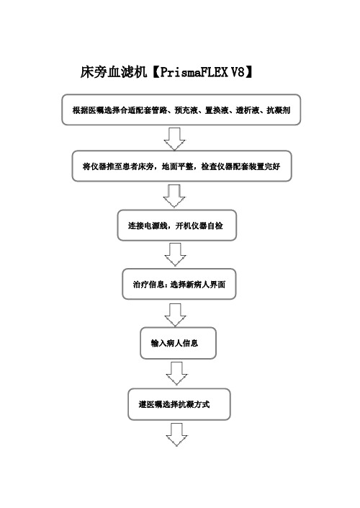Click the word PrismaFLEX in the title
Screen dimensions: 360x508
(x=194, y=72)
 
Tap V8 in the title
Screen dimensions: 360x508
(x=238, y=72)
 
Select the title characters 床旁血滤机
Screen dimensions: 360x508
(x=114, y=72)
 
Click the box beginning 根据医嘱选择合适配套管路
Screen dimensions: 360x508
(x=181, y=110)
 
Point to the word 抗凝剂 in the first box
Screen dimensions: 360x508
(x=278, y=110)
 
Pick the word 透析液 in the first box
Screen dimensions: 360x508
(x=248, y=110)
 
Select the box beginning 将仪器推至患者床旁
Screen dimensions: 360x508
(x=181, y=166)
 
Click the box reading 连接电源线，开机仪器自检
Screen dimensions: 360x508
(x=177, y=225)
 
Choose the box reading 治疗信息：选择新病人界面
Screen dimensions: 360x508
(x=179, y=284)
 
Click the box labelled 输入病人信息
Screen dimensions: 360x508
(x=178, y=343)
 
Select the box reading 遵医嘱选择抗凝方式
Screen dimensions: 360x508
(x=179, y=404)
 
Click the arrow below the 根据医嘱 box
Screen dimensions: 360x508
(x=174, y=138)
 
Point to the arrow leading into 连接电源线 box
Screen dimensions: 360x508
(x=174, y=196)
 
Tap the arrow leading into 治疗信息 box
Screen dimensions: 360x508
(x=176, y=254)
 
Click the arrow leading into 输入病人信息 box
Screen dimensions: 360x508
(x=175, y=315)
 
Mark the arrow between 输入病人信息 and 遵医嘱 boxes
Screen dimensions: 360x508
(x=176, y=373)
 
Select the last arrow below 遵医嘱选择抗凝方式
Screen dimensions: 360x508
(x=176, y=435)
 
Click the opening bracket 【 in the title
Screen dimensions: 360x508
(x=154, y=72)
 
